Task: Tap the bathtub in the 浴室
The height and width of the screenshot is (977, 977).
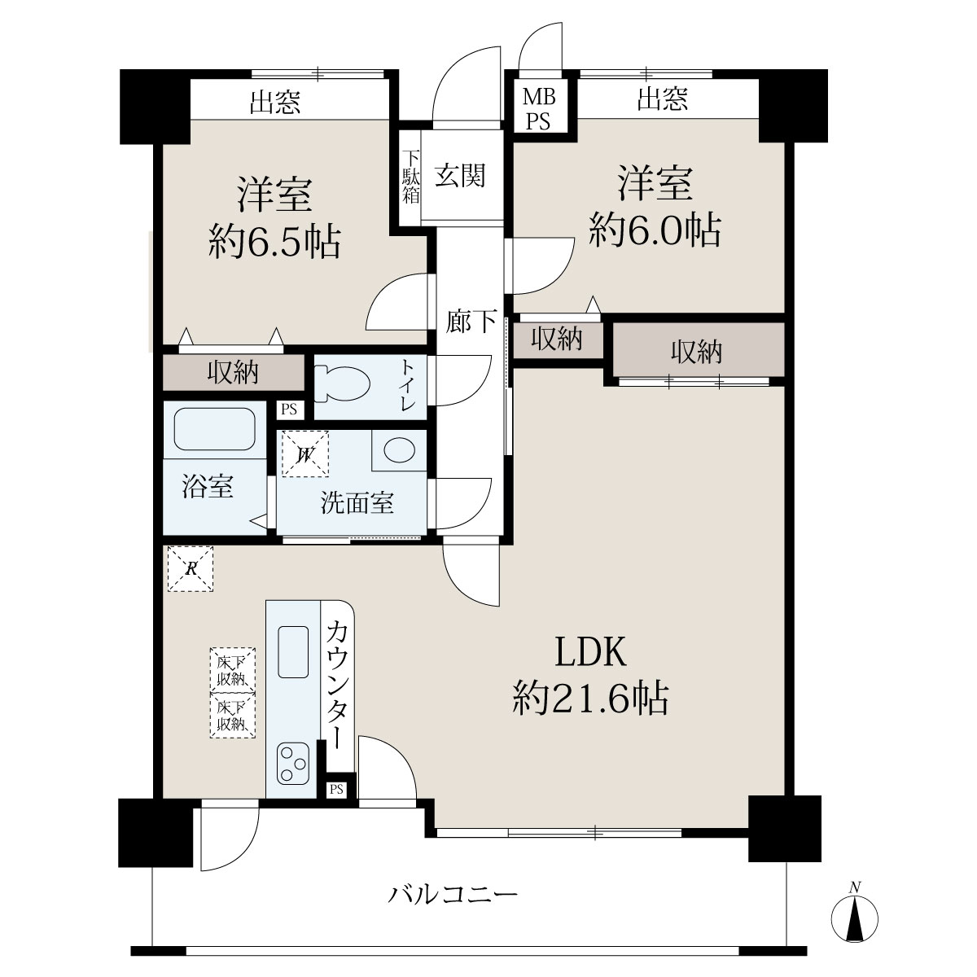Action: [x=214, y=429]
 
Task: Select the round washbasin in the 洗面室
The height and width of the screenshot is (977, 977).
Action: [x=399, y=450]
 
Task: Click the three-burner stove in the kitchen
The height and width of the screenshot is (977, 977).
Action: [x=293, y=764]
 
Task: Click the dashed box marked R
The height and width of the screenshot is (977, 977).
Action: [x=191, y=568]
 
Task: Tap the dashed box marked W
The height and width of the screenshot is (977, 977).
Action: [x=305, y=453]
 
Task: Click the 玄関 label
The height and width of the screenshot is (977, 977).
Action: [x=460, y=175]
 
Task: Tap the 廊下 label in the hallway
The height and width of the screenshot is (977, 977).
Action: [x=471, y=321]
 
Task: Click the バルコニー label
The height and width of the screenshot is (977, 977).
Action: [x=453, y=894]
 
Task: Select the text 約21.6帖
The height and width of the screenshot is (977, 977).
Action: [x=590, y=698]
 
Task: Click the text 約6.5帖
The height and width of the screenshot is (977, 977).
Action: [x=274, y=242]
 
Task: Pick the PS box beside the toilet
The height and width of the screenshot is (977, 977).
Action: [x=290, y=409]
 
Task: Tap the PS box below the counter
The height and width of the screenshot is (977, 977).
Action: [x=336, y=788]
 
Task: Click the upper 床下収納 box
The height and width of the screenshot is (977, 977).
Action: [x=233, y=670]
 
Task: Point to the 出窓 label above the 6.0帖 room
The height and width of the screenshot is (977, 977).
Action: [x=662, y=99]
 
